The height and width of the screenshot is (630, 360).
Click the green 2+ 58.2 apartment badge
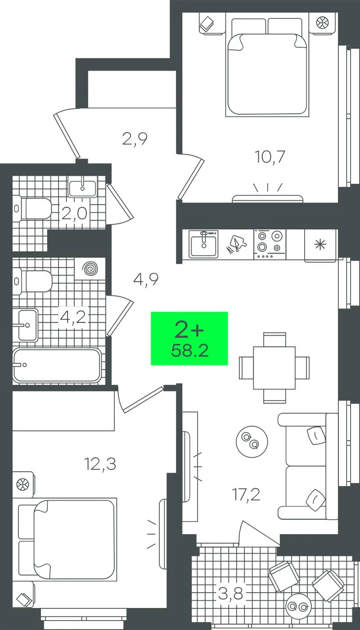[x=189, y=338]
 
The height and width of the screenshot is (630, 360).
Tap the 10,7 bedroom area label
[x=270, y=157]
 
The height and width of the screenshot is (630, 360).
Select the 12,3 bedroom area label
[x=100, y=464]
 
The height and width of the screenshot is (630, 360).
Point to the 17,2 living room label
[x=246, y=495]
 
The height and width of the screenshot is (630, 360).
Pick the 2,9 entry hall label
[x=135, y=139]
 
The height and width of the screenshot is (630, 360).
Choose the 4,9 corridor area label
[x=146, y=279]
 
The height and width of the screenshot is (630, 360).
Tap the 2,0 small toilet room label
[x=74, y=214]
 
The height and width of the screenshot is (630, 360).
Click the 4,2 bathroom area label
[x=73, y=318]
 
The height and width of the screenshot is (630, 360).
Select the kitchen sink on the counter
[x=203, y=244]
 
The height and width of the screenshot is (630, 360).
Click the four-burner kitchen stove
[x=270, y=244]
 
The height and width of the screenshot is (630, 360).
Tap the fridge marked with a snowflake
[x=320, y=246]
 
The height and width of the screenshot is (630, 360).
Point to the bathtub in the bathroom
[x=57, y=366]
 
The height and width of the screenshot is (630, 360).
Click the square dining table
[x=274, y=368]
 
